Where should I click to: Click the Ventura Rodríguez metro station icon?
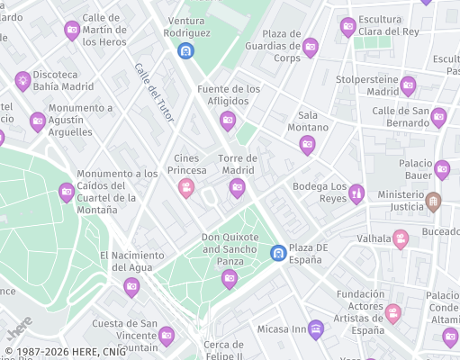pos(185,51)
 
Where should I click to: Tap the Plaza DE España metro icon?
pos(279,253)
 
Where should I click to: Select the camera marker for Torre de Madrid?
pos(237,187)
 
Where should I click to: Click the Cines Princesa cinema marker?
pos(186,187)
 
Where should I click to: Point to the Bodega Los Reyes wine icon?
pos(356,193)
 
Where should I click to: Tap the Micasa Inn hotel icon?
pos(315,328)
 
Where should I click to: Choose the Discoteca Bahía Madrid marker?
pos(23,81)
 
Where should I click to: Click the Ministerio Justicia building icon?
pos(434,200)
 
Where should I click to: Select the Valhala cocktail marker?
pos(401,239)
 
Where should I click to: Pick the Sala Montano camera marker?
pos(307,144)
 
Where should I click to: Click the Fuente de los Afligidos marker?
pos(228,120)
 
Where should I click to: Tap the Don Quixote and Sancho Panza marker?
pos(230,278)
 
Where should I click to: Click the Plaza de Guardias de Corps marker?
pos(311,47)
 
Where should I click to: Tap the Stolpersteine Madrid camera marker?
pos(408,85)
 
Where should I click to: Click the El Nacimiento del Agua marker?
pos(131,286)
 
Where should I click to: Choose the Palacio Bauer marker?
pos(442,169)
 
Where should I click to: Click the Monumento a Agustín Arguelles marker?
pos(38,121)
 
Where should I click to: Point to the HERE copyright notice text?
pos(62,352)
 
